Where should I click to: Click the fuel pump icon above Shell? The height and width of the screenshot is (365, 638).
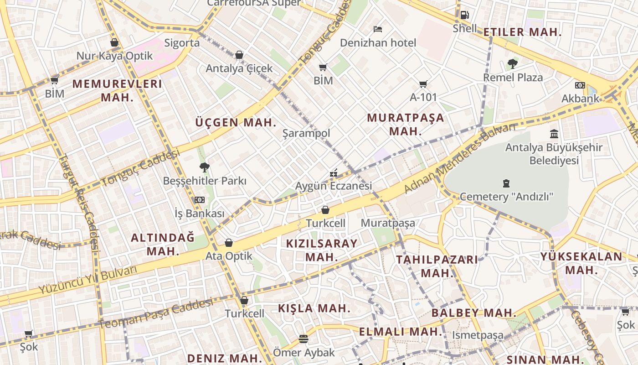point(464,15)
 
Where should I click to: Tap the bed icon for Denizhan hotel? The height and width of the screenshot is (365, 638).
point(378,29)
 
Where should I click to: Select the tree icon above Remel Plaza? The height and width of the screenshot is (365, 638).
point(513,64)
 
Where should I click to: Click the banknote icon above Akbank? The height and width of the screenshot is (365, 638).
point(580,85)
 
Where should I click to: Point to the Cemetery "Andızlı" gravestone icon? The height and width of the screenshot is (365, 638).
point(506,183)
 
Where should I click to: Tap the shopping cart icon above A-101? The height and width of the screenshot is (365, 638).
point(423,84)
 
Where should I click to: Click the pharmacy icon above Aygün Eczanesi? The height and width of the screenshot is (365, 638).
point(334,173)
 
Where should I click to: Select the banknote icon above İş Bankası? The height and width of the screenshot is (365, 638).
point(200,200)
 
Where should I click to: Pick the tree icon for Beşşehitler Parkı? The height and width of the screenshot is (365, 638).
point(205,167)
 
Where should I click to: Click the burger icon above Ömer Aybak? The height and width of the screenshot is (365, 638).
point(304,339)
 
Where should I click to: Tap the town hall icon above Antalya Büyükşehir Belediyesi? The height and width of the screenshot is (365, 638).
point(554,134)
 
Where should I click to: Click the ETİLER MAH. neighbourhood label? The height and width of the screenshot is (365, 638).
point(522,32)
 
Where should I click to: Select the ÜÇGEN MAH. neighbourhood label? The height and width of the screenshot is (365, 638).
point(236,122)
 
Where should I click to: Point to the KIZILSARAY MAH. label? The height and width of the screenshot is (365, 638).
point(322,250)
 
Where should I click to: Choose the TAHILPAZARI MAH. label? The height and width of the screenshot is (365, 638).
point(437,266)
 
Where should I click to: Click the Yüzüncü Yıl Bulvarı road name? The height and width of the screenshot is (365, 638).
point(87,279)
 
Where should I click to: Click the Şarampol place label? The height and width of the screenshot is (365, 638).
point(306,133)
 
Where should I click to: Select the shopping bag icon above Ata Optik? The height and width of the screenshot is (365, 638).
point(229,243)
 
